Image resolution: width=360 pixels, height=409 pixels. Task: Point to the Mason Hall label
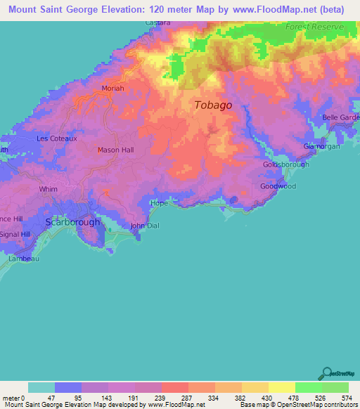pos(115,150)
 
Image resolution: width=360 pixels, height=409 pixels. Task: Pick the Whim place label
pos(49,189)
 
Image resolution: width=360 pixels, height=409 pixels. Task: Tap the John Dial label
pos(146,226)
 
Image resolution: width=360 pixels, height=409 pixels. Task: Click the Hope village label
pos(160,203)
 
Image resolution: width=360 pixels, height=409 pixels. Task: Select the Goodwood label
pos(278,186)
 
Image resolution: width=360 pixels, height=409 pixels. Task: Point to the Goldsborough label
pos(282,164)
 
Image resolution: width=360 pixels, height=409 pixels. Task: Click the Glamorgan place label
pos(321,146)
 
